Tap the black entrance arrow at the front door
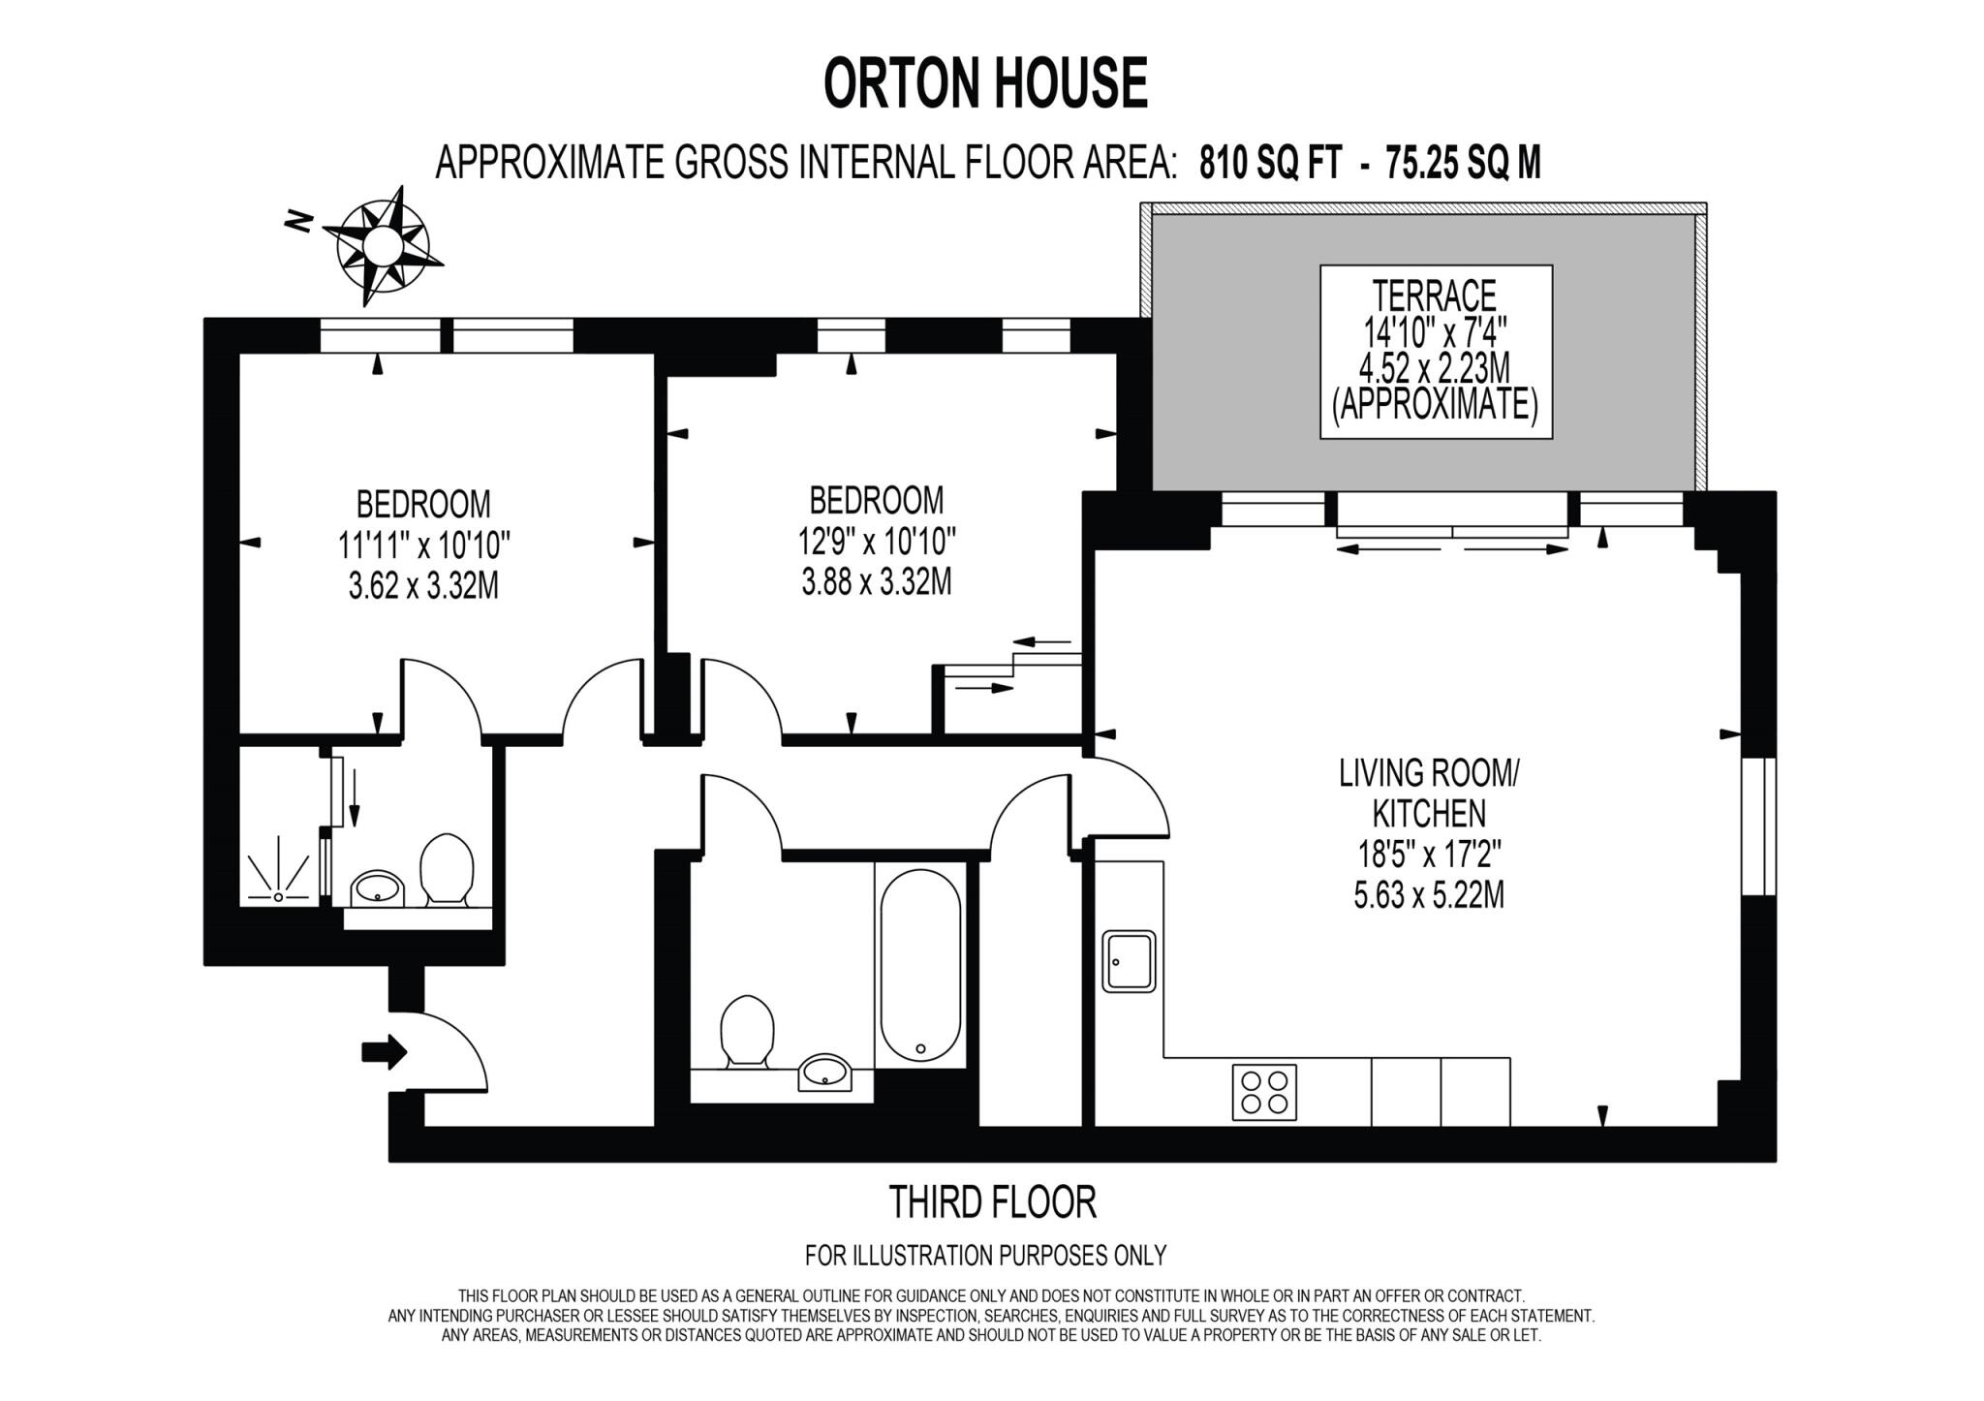[x=384, y=1051]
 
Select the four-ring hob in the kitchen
[x=1264, y=1092]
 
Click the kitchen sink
[x=1129, y=961]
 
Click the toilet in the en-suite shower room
[x=447, y=869]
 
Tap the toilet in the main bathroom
[x=747, y=1031]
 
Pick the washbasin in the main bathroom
[x=824, y=1072]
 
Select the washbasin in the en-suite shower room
[x=379, y=887]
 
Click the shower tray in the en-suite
[x=279, y=872]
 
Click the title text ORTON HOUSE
[x=985, y=83]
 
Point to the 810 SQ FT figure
[x=1270, y=162]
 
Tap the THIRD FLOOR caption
[x=992, y=1202]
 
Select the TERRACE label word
[x=1434, y=295]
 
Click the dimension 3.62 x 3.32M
[x=423, y=586]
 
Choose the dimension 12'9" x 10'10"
[x=877, y=541]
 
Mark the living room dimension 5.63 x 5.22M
[x=1429, y=894]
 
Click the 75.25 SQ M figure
[x=1463, y=162]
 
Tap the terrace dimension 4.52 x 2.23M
[x=1435, y=368]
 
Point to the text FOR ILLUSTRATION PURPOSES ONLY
[x=985, y=1256]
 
